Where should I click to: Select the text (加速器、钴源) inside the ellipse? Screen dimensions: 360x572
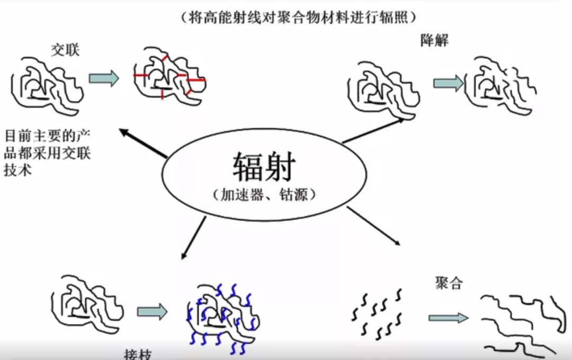click(264, 194)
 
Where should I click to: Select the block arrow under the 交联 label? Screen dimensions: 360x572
click(103, 78)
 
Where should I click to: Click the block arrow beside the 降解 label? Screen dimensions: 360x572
click(448, 83)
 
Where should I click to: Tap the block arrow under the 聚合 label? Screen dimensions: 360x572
click(448, 318)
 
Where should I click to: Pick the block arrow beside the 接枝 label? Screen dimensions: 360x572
click(152, 312)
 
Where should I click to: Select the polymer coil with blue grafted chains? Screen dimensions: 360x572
click(222, 318)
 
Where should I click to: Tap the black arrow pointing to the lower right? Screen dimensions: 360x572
click(373, 226)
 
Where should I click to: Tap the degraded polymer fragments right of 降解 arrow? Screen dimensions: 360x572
click(501, 85)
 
